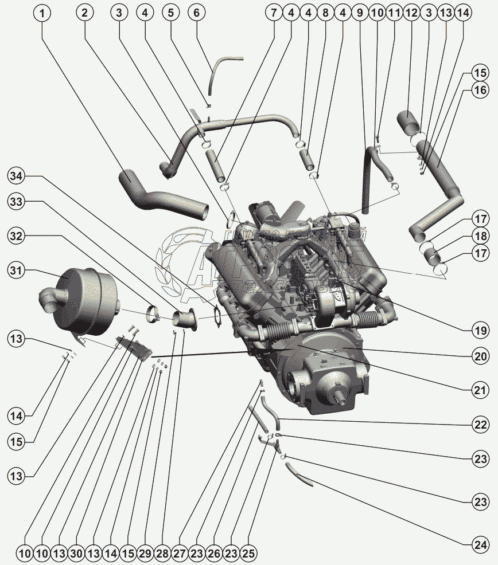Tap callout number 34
pos(18,177)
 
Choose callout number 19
pos(480,330)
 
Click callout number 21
pos(480,391)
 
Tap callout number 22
pos(480,425)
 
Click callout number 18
pos(480,236)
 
